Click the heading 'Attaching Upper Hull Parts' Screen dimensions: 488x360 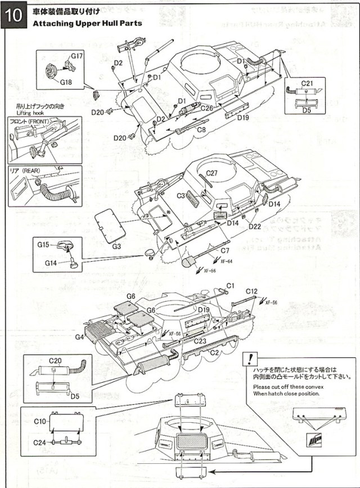[x=87, y=24]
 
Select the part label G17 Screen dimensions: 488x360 [x=76, y=56]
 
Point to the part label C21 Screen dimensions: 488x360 [x=307, y=83]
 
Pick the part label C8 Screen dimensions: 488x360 [x=201, y=130]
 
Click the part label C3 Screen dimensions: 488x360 [x=181, y=195]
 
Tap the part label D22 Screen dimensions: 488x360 [x=254, y=226]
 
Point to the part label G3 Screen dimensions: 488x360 [x=116, y=246]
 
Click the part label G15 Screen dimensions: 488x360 [x=44, y=244]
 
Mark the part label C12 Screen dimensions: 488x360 [x=251, y=291]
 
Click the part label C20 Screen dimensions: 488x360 [x=55, y=361]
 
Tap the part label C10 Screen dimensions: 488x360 [x=39, y=420]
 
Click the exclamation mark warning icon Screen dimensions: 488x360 [x=249, y=359]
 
